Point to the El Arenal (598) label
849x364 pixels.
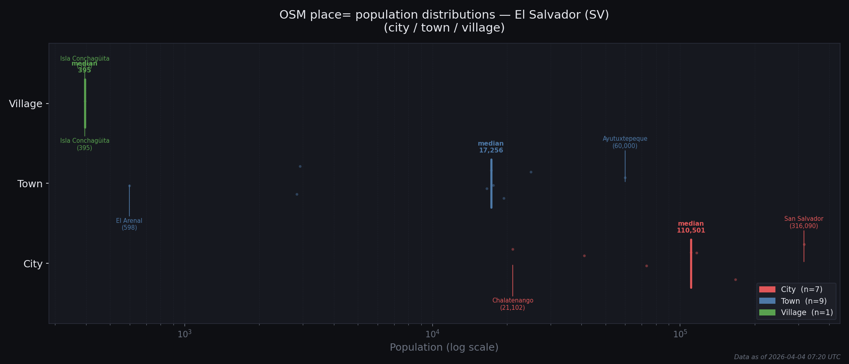pyautogui.click(x=129, y=224)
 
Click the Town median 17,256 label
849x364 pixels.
pyautogui.click(x=491, y=147)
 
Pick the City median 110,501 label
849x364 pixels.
pyautogui.click(x=691, y=227)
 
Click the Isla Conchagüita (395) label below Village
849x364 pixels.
pyautogui.click(x=85, y=144)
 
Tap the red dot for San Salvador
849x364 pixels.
pyautogui.click(x=804, y=244)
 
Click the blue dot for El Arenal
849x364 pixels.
pyautogui.click(x=129, y=186)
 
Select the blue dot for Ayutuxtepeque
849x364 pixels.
pyautogui.click(x=625, y=178)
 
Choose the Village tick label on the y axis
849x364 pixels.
pyautogui.click(x=25, y=104)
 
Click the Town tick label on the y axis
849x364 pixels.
pyautogui.click(x=30, y=184)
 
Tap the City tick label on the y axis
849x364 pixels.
pyautogui.click(x=33, y=264)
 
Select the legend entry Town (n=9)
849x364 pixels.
pyautogui.click(x=803, y=301)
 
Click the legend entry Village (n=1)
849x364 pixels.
pyautogui.click(x=807, y=313)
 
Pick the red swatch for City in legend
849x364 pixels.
pyautogui.click(x=767, y=290)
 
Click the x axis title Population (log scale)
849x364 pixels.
pyautogui.click(x=444, y=347)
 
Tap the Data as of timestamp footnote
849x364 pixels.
pyautogui.click(x=787, y=357)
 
